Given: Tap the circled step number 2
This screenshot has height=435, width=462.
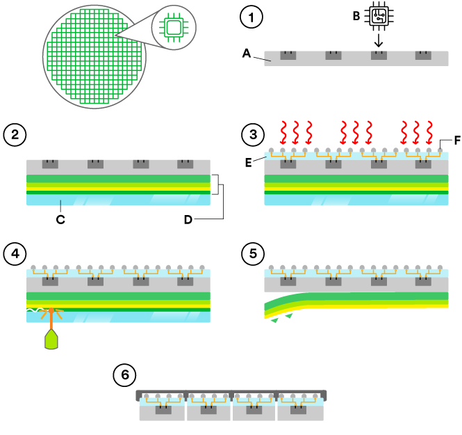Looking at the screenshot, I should (14, 133).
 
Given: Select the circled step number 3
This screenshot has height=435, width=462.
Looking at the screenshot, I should (251, 133).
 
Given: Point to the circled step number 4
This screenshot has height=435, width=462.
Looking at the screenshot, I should (14, 251).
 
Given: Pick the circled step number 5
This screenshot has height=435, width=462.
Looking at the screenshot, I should (251, 251).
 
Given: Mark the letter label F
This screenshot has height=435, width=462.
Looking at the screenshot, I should (457, 141).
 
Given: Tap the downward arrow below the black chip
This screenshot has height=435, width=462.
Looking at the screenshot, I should (378, 42).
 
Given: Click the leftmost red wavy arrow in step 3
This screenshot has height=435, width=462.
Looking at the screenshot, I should (283, 130).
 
